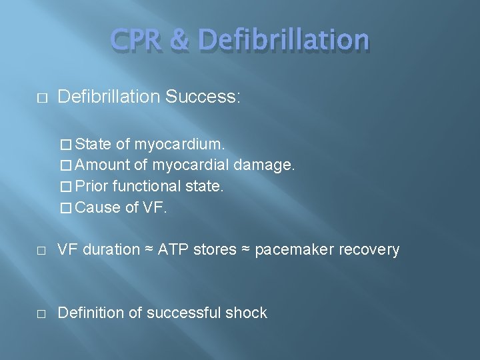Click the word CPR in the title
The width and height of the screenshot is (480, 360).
pos(137,40)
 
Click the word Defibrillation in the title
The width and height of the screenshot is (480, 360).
pos(284,40)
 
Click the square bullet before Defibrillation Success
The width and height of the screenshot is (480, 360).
pos(41,98)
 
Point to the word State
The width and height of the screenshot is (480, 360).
pos(94,144)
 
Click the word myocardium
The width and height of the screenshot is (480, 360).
pos(179,144)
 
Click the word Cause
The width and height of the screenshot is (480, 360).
pos(97,207)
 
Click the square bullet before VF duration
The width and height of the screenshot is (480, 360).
pos(41,251)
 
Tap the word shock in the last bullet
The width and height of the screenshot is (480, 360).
pos(246,313)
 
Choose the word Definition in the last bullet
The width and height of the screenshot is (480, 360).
pos(91,313)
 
